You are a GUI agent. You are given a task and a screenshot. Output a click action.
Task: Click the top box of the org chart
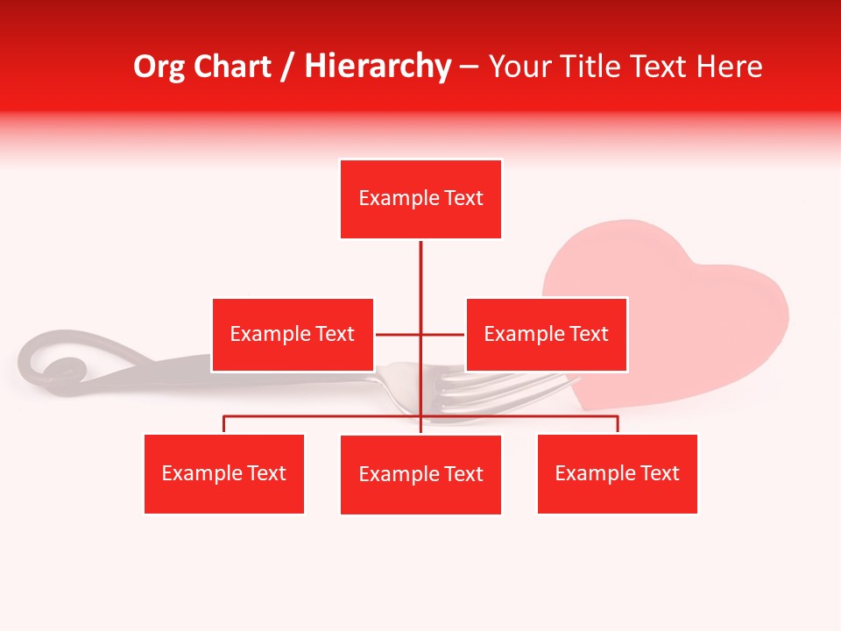[420, 199]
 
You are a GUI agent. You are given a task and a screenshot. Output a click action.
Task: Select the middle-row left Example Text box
[293, 334]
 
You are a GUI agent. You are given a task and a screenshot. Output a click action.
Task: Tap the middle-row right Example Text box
[546, 334]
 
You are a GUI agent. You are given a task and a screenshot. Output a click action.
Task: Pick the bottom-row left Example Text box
[224, 473]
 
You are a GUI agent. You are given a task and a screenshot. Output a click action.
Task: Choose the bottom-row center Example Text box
[420, 474]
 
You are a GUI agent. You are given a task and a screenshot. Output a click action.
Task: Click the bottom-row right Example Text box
[617, 473]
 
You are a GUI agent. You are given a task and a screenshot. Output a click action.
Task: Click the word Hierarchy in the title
[378, 67]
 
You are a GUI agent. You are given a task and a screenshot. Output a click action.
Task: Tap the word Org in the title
[159, 67]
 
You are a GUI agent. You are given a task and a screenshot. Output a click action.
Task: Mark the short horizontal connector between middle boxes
[399, 334]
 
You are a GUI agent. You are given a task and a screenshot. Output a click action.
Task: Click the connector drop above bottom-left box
[224, 424]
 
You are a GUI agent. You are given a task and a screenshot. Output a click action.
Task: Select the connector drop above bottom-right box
[618, 424]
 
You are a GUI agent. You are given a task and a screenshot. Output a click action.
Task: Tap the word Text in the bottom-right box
[659, 473]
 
